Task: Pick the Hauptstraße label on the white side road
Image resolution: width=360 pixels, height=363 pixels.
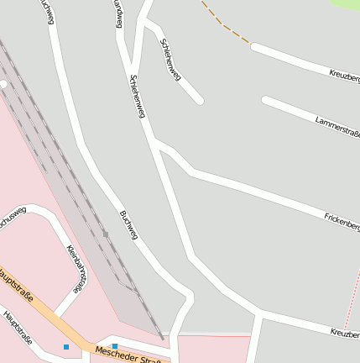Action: click(x=18, y=328)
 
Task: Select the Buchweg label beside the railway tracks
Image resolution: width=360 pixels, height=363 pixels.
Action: click(x=128, y=225)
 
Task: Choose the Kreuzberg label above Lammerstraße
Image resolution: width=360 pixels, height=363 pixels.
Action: click(x=344, y=77)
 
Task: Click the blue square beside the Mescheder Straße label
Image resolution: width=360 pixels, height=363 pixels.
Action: click(x=115, y=345)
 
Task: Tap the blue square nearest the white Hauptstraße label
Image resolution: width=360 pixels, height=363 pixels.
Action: click(x=65, y=346)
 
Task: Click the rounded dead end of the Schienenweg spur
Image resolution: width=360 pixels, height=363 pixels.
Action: click(x=200, y=101)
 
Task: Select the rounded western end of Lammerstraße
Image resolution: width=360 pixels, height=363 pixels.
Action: click(x=266, y=101)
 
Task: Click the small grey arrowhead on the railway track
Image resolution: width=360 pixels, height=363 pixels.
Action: click(x=105, y=233)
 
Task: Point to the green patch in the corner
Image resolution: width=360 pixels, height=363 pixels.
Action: click(x=347, y=3)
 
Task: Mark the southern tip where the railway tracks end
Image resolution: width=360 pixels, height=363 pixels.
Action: click(x=162, y=338)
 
